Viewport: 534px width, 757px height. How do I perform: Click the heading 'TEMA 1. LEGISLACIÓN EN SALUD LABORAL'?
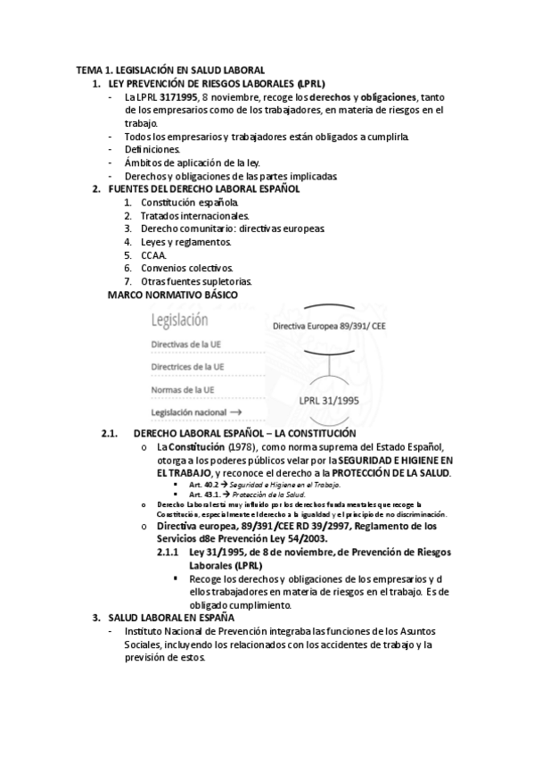point(170,70)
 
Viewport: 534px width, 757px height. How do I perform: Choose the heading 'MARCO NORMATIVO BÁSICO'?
point(172,295)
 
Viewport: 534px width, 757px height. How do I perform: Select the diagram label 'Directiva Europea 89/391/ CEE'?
point(329,327)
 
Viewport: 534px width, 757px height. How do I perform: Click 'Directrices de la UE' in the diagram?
point(187,367)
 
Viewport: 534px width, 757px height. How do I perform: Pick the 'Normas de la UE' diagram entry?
point(183,390)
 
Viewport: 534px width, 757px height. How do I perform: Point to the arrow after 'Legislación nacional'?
point(236,412)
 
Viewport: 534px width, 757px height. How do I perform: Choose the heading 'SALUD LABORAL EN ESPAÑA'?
point(171,618)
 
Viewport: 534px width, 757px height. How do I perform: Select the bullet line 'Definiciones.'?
point(152,149)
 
